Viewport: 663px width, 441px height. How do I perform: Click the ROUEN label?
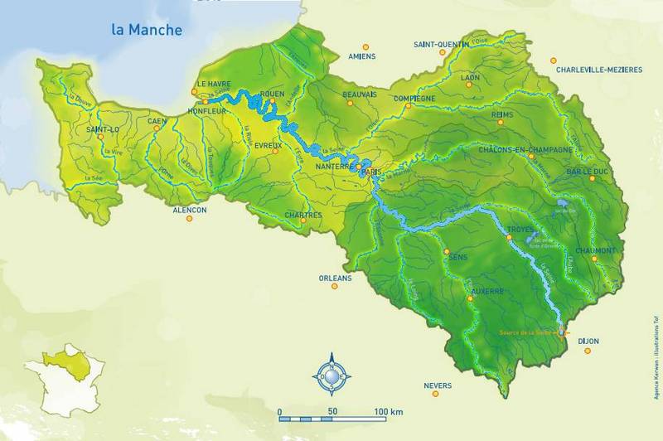(272, 94)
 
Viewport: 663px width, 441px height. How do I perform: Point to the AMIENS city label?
(362, 56)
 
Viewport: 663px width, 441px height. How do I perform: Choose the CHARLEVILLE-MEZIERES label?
(595, 70)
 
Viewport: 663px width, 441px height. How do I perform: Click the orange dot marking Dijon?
(588, 351)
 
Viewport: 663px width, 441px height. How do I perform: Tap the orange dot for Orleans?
(336, 287)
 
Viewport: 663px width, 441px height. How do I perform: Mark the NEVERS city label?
(438, 386)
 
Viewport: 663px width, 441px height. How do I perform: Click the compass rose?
(332, 378)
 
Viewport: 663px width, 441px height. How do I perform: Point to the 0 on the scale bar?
(280, 411)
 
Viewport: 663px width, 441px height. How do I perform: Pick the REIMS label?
(503, 114)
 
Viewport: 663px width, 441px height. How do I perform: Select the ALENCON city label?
(189, 211)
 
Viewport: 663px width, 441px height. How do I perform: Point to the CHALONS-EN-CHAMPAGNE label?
(526, 149)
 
